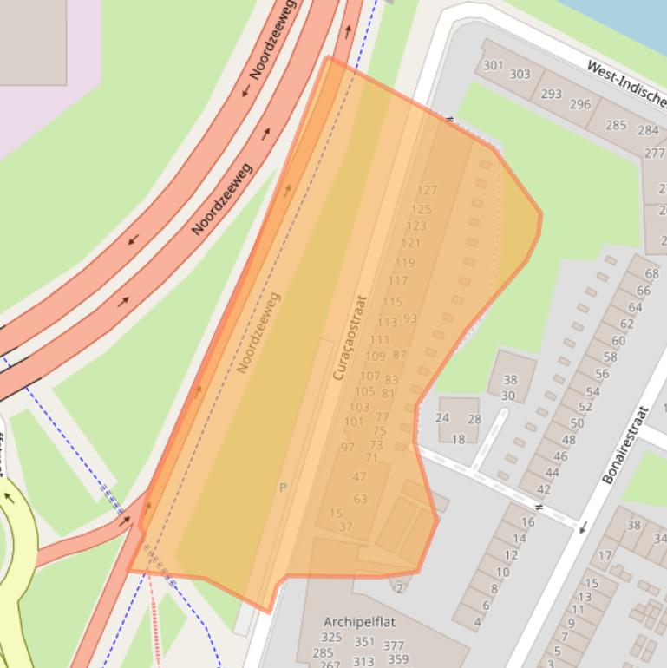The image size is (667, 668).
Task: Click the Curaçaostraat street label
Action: (x=350, y=338)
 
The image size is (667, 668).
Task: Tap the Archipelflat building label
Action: (x=359, y=622)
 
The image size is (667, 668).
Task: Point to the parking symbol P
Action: (x=283, y=488)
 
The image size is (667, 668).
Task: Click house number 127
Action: (x=427, y=190)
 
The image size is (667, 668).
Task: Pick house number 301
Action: (x=493, y=65)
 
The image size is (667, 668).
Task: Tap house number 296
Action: (x=579, y=104)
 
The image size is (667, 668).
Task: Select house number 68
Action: (x=651, y=273)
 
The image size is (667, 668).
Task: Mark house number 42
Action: (x=543, y=489)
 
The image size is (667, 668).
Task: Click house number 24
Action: (x=442, y=417)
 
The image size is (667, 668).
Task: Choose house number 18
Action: (x=458, y=438)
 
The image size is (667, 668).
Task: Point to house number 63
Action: (x=360, y=499)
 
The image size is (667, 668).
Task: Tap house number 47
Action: (x=359, y=476)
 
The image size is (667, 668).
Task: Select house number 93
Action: (x=410, y=318)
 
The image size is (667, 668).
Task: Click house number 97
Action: (x=348, y=448)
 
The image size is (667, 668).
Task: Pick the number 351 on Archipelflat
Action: (x=364, y=642)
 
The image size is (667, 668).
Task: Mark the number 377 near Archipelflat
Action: (x=394, y=645)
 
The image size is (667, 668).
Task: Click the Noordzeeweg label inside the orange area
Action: (x=258, y=332)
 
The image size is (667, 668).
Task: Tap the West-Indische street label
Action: (x=624, y=79)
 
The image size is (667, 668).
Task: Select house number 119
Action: (x=405, y=263)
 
